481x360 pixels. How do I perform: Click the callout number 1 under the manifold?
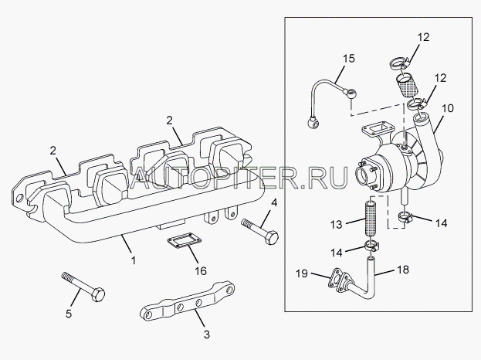pyautogui.click(x=133, y=260)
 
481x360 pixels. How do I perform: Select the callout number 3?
pyautogui.click(x=207, y=335)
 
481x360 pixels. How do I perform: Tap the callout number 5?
pyautogui.click(x=69, y=314)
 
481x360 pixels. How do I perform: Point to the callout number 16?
pyautogui.click(x=201, y=270)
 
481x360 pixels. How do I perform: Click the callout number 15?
pyautogui.click(x=348, y=58)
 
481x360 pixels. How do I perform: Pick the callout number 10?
pyautogui.click(x=448, y=108)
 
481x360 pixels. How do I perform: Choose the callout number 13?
pyautogui.click(x=336, y=224)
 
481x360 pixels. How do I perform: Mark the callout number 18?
pyautogui.click(x=403, y=270)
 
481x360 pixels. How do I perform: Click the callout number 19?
pyautogui.click(x=302, y=273)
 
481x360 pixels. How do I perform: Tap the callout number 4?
pyautogui.click(x=274, y=203)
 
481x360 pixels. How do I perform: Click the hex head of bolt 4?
pyautogui.click(x=271, y=237)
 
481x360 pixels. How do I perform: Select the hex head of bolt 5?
pyautogui.click(x=97, y=294)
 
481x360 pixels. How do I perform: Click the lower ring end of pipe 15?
pyautogui.click(x=313, y=122)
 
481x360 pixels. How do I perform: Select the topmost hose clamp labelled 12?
pyautogui.click(x=398, y=64)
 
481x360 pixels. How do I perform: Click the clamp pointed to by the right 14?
pyautogui.click(x=405, y=218)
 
